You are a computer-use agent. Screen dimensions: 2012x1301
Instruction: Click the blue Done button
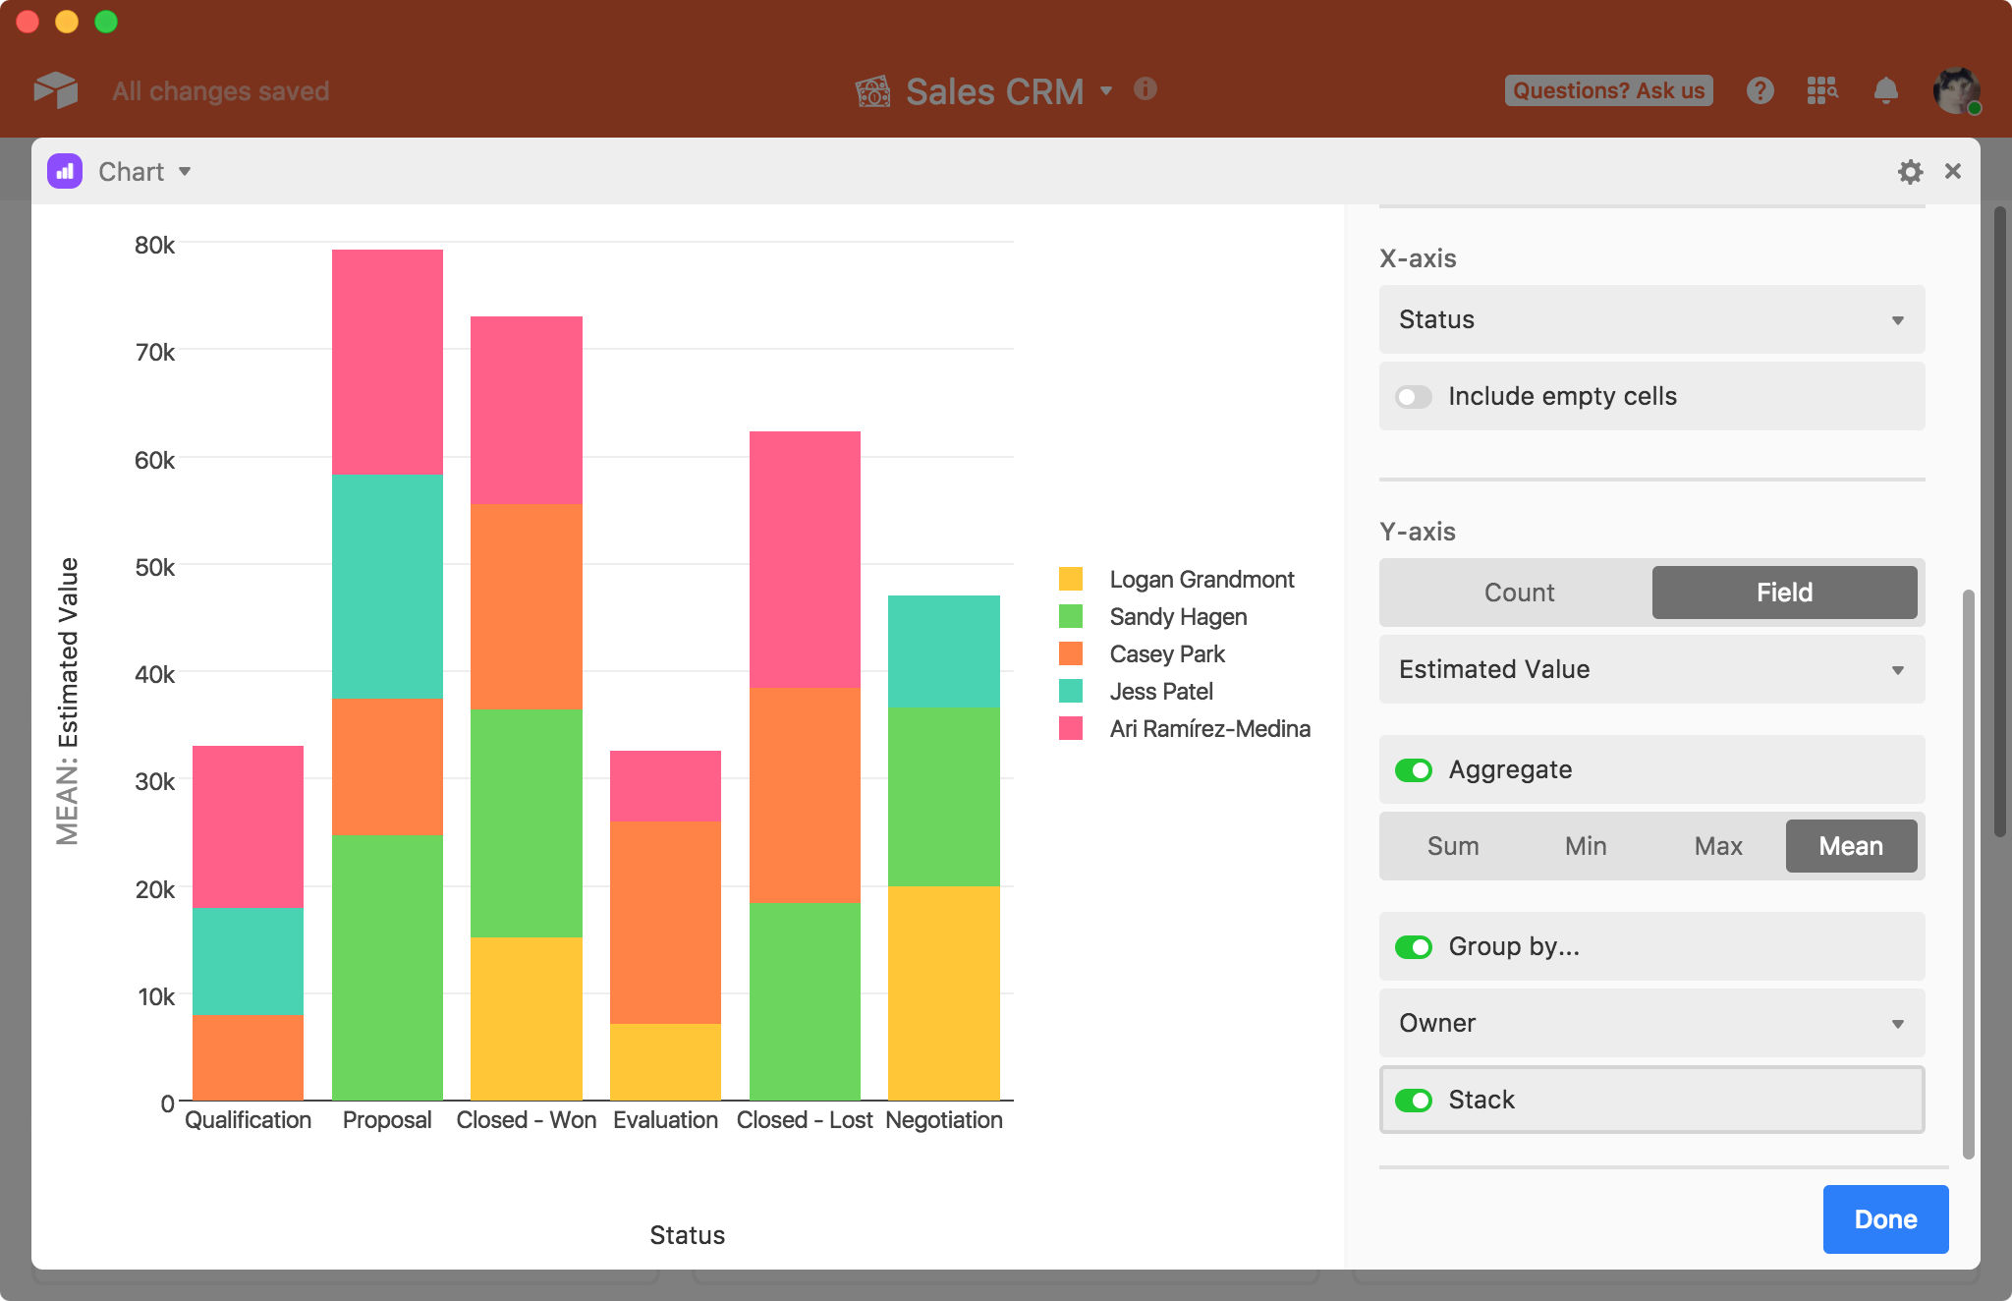pyautogui.click(x=1885, y=1218)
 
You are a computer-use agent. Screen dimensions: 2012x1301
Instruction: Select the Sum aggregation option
pyautogui.click(x=1453, y=846)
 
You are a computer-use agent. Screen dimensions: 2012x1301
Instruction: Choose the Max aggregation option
pyautogui.click(x=1718, y=846)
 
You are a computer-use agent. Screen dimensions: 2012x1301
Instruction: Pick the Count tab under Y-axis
pyautogui.click(x=1519, y=593)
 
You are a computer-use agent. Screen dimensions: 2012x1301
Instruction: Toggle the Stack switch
pyautogui.click(x=1414, y=1100)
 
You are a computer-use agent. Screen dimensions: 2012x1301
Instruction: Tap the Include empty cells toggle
pyautogui.click(x=1414, y=396)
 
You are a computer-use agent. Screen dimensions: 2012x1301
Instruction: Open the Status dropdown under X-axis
pyautogui.click(x=1651, y=319)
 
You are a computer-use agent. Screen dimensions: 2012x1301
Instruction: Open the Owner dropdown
pyautogui.click(x=1651, y=1023)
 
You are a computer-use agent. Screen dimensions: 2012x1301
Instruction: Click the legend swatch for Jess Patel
pyautogui.click(x=1071, y=691)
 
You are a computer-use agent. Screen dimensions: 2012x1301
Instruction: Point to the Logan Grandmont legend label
pyautogui.click(x=1202, y=579)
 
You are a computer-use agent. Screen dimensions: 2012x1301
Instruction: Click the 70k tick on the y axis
pyautogui.click(x=154, y=352)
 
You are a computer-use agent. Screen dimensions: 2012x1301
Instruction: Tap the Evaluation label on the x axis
pyautogui.click(x=665, y=1120)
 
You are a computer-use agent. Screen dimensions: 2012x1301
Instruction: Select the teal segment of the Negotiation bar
pyautogui.click(x=944, y=651)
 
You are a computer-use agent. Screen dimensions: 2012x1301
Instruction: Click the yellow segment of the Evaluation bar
pyautogui.click(x=665, y=1062)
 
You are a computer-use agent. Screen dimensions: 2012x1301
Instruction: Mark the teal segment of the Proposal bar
pyautogui.click(x=387, y=587)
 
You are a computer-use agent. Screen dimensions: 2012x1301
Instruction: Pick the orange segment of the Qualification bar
pyautogui.click(x=248, y=1057)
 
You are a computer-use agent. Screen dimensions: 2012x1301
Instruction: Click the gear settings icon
pyautogui.click(x=1910, y=172)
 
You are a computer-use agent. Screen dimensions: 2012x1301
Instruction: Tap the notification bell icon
pyautogui.click(x=1885, y=90)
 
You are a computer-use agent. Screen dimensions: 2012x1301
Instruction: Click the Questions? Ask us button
pyautogui.click(x=1608, y=90)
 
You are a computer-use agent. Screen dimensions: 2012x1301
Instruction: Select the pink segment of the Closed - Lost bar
pyautogui.click(x=805, y=559)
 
